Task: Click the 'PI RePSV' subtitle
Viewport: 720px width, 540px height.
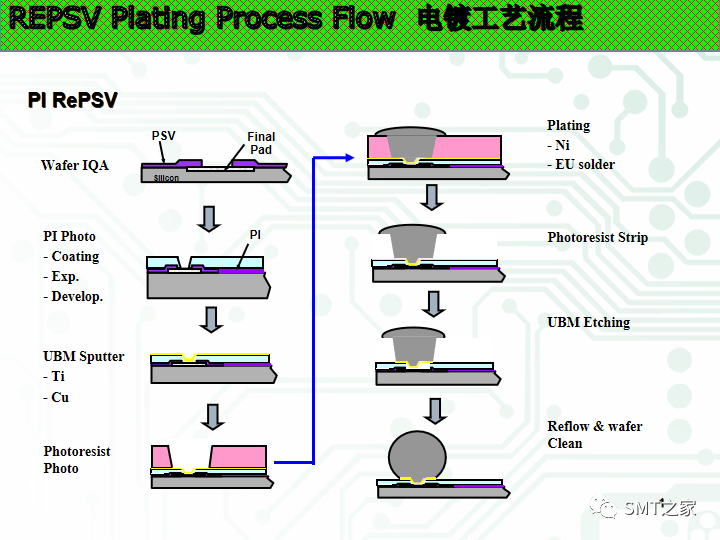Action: pyautogui.click(x=72, y=101)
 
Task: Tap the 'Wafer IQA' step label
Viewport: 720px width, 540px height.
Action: pyautogui.click(x=75, y=165)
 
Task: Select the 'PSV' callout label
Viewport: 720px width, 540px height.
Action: pyautogui.click(x=163, y=136)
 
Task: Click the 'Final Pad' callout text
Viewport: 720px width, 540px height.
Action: pyautogui.click(x=261, y=143)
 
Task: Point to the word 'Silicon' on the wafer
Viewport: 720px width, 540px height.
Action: pyautogui.click(x=166, y=178)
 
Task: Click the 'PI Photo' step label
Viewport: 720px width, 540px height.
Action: pyautogui.click(x=70, y=236)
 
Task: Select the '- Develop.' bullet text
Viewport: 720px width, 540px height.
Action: pyautogui.click(x=73, y=297)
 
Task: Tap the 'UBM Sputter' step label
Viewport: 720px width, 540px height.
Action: pyautogui.click(x=84, y=357)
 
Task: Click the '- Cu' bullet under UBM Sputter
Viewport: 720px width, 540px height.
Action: pyautogui.click(x=56, y=397)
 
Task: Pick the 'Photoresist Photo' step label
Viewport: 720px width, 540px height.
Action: pyautogui.click(x=77, y=460)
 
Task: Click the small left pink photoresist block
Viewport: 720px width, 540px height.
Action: pyautogui.click(x=161, y=456)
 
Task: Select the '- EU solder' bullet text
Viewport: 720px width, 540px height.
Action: pyautogui.click(x=581, y=164)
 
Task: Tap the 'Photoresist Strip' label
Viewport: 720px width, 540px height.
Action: pyautogui.click(x=597, y=238)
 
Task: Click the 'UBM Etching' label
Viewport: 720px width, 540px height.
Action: pyautogui.click(x=588, y=322)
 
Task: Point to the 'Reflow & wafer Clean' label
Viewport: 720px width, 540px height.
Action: pyautogui.click(x=594, y=435)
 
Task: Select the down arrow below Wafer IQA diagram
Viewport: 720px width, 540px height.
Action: pyautogui.click(x=208, y=219)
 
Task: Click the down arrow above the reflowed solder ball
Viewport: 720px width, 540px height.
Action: pyautogui.click(x=434, y=410)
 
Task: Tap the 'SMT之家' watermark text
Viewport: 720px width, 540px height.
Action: pyautogui.click(x=659, y=509)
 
